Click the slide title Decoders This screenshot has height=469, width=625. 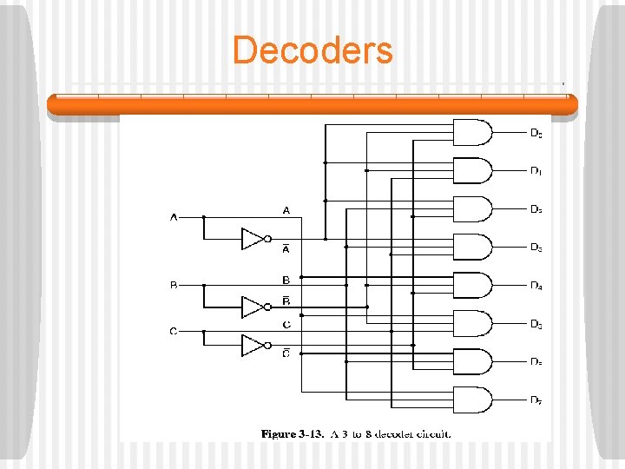312,50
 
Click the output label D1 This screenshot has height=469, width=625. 536,171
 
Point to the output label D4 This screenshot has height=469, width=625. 536,286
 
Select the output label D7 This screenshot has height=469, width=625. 536,400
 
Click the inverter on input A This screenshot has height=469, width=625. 253,239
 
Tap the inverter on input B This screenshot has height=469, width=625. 253,307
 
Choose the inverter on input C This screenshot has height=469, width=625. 253,345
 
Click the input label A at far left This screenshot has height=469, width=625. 174,217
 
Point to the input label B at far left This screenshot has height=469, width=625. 174,285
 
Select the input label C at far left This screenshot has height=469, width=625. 174,331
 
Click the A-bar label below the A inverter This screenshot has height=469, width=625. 286,248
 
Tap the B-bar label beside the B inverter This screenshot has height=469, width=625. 286,301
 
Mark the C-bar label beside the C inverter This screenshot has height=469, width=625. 286,353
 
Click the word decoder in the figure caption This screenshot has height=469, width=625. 394,433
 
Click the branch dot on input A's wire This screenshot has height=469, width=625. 204,217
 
